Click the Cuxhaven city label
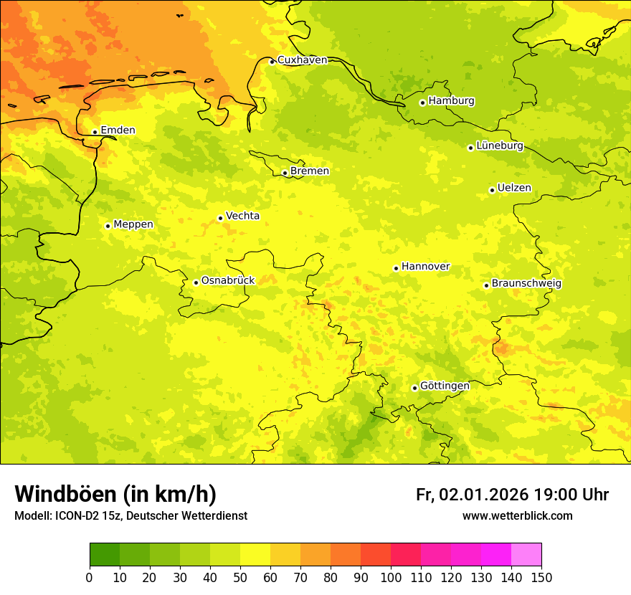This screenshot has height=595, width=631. (x=302, y=60)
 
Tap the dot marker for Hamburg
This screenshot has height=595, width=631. (x=422, y=103)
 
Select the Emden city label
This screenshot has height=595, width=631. (x=118, y=130)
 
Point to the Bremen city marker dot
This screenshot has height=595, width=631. (x=285, y=173)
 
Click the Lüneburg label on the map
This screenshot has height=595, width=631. (x=500, y=146)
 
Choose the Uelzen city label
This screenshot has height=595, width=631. (x=514, y=189)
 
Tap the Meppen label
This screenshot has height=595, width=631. (x=133, y=224)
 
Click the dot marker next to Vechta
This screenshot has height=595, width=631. (x=220, y=218)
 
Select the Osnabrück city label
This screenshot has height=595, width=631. (x=228, y=281)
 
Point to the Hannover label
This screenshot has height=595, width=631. (x=425, y=267)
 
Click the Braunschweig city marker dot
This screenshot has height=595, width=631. (x=486, y=285)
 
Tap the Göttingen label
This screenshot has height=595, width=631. (x=445, y=386)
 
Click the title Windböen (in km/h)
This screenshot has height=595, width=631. (x=115, y=494)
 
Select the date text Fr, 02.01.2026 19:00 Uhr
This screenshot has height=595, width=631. (x=512, y=495)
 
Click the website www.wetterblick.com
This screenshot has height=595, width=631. (x=517, y=516)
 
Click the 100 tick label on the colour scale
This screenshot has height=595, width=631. (x=391, y=577)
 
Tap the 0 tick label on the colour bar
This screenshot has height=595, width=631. (x=90, y=577)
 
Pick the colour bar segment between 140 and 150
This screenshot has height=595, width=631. (x=526, y=555)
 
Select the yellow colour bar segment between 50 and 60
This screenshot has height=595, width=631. (x=255, y=555)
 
